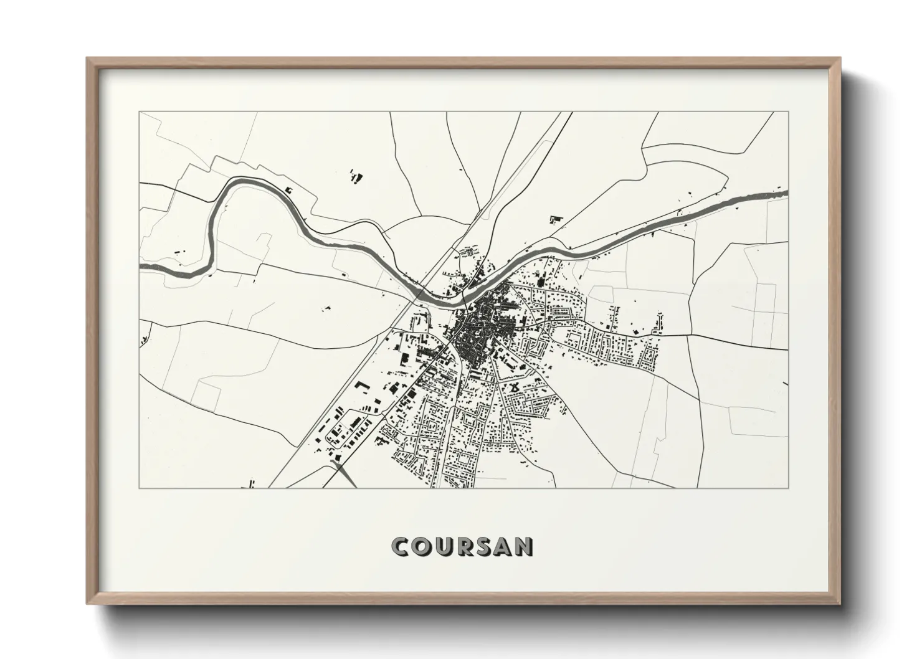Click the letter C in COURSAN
click(400, 546)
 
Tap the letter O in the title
click(421, 546)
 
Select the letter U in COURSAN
click(442, 546)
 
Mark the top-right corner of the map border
click(789, 112)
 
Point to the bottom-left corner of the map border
click(140, 488)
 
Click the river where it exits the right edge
click(786, 194)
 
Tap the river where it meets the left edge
click(141, 267)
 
